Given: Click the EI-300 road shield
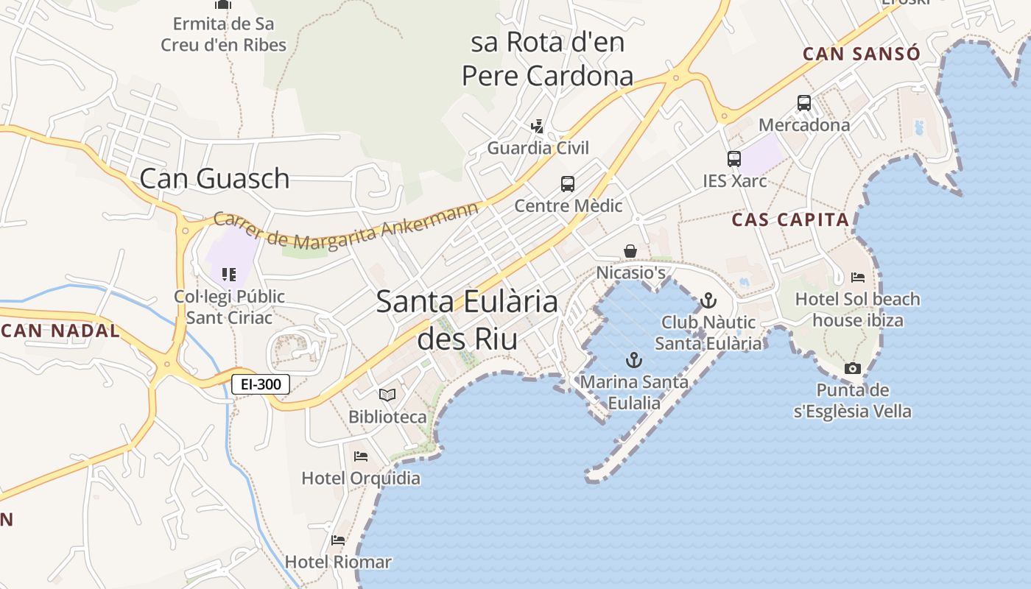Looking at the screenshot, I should click(261, 384).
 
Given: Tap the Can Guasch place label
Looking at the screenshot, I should click(214, 178).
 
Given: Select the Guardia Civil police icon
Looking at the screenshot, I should click(538, 127).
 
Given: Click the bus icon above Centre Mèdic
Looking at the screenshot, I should click(567, 184).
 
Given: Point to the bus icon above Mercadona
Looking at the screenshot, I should click(804, 103).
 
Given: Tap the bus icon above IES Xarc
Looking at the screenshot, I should click(734, 159).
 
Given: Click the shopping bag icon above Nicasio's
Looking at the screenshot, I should click(630, 252).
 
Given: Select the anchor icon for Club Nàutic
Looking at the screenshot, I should click(708, 300).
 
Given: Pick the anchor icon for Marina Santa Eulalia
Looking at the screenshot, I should click(634, 360).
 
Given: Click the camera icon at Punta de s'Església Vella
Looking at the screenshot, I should click(853, 368).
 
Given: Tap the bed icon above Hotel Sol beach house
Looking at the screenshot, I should click(858, 278).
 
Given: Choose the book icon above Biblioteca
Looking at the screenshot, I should click(387, 395).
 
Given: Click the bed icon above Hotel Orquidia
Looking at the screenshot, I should click(361, 456).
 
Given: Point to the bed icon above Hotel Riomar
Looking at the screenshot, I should click(338, 540).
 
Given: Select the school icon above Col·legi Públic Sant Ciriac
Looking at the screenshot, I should click(229, 275).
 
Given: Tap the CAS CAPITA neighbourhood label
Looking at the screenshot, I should click(790, 219).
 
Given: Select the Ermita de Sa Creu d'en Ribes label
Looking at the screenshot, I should click(224, 34).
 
